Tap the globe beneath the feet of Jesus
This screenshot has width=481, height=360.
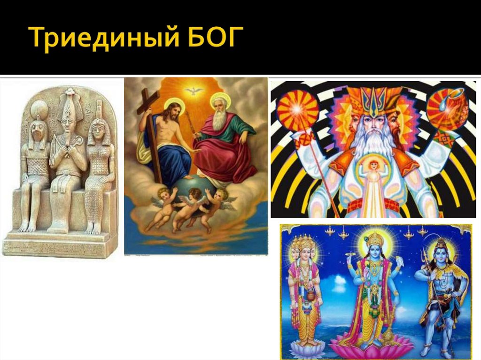[x=188, y=183]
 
